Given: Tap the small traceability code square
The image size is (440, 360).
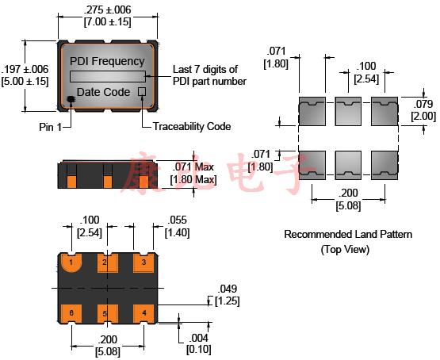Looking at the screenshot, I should (142, 92).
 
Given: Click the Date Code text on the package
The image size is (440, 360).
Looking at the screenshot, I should (103, 92).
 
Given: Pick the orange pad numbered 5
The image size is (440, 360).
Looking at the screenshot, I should (106, 312).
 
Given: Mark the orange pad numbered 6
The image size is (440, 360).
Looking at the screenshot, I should (72, 312).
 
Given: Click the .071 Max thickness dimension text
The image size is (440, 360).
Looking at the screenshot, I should (194, 173).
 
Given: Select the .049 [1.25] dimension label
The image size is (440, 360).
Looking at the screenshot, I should (226, 294).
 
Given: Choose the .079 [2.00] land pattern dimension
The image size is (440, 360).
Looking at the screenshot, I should (422, 109).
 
